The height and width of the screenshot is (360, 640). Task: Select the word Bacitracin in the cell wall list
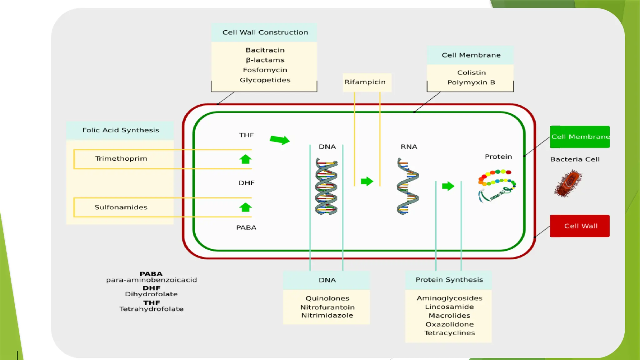[265, 50]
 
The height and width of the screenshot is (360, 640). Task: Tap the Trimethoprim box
[121, 159]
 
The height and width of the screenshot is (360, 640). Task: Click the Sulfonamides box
[121, 207]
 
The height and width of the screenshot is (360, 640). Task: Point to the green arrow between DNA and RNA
[367, 181]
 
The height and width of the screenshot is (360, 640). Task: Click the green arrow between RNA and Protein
[448, 186]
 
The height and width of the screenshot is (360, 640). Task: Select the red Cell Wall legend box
[580, 226]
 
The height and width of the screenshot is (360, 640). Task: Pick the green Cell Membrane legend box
[580, 137]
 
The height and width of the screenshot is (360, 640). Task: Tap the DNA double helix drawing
[326, 187]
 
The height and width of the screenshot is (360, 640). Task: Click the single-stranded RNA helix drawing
[407, 187]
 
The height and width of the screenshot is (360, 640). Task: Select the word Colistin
[471, 73]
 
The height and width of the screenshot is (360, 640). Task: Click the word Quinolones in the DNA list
[327, 298]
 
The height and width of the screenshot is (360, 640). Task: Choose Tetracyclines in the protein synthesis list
[449, 333]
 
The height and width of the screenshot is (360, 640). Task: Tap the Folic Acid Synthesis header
[120, 130]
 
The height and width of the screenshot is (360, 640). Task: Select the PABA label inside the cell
[246, 227]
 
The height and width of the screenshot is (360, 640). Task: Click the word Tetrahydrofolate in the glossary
[151, 309]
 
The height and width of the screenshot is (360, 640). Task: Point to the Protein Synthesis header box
[449, 280]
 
